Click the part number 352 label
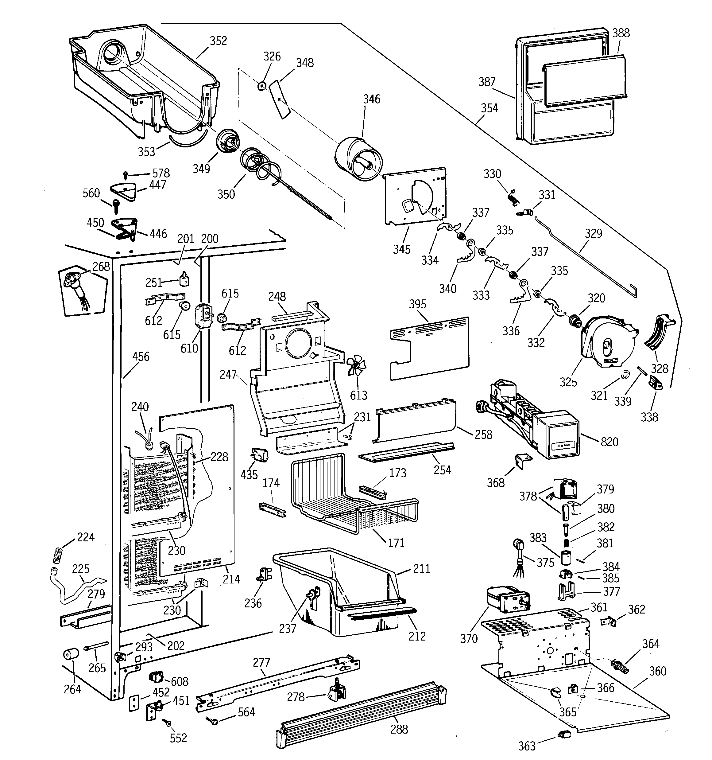(218, 41)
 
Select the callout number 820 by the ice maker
(609, 442)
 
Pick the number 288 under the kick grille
(399, 729)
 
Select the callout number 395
(417, 304)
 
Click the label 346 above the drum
(371, 99)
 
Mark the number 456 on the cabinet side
(141, 357)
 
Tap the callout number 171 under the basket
(396, 543)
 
